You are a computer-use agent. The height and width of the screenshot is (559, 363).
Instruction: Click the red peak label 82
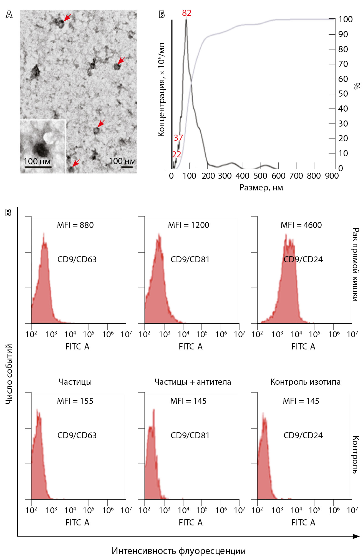click(x=186, y=13)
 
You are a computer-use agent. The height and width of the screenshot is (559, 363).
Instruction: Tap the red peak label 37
click(x=178, y=138)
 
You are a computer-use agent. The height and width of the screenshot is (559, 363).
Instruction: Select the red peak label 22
click(x=176, y=155)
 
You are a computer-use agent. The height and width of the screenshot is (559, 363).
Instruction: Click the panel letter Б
click(x=162, y=14)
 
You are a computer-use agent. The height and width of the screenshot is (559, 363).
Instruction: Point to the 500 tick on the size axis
click(x=260, y=176)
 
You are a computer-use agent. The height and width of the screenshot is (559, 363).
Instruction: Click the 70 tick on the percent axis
click(x=343, y=64)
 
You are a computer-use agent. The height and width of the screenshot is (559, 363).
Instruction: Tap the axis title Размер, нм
click(x=261, y=188)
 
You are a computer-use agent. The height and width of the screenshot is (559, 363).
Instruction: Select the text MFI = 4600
click(x=301, y=225)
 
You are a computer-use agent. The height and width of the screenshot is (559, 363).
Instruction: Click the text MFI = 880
click(x=75, y=225)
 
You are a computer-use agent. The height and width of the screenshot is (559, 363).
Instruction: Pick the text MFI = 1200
click(x=188, y=225)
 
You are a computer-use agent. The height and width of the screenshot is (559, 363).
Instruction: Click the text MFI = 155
click(x=75, y=401)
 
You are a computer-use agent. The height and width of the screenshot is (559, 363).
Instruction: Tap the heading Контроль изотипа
click(x=305, y=382)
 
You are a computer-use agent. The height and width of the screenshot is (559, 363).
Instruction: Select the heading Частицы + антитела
click(x=193, y=382)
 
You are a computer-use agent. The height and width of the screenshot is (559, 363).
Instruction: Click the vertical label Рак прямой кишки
click(x=356, y=264)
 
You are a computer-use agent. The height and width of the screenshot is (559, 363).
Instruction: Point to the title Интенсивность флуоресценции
click(x=178, y=551)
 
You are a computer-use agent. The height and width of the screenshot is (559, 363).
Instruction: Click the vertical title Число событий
click(x=9, y=374)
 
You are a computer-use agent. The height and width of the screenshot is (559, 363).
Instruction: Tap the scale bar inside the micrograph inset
click(x=38, y=167)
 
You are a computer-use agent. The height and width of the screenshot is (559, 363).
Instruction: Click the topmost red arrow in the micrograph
click(x=67, y=17)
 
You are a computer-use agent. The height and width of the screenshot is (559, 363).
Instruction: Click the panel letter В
click(x=8, y=213)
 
